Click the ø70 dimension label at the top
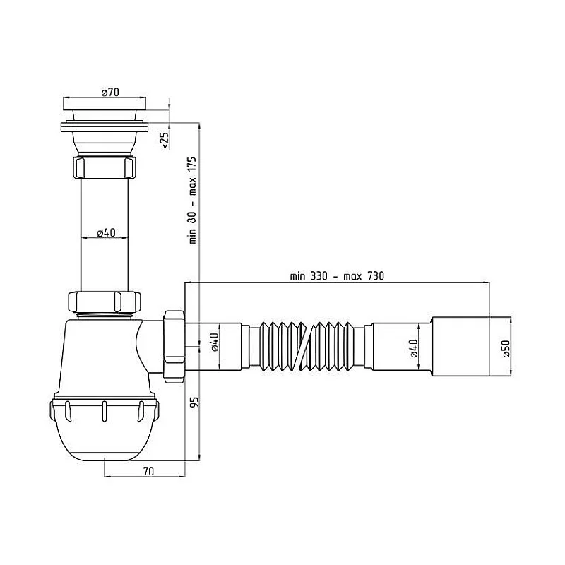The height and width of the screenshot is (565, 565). pos(109,92)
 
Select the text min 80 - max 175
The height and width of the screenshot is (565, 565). pos(191,200)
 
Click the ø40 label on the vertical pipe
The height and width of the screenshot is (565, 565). pos(105,232)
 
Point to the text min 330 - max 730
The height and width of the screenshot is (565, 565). pos(337,275)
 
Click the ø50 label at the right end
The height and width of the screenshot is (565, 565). pos(505,350)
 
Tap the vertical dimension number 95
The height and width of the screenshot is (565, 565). pos(191,403)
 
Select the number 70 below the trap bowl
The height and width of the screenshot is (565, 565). pos(148,470)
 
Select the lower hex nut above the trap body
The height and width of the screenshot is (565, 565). pos(106,301)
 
